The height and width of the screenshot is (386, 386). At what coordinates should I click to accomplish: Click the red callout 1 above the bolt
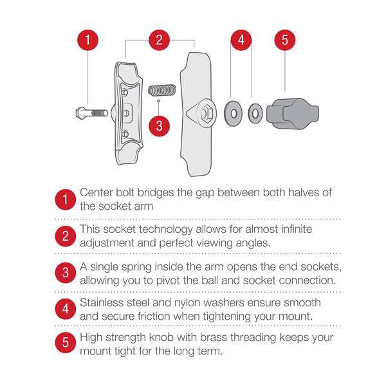point(88,40)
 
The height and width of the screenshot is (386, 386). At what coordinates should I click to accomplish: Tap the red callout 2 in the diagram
point(160,40)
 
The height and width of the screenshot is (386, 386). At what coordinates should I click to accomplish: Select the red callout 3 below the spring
point(160,126)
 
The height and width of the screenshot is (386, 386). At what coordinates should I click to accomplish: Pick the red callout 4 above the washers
point(241,40)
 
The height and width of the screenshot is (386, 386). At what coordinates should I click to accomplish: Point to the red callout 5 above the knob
point(285,40)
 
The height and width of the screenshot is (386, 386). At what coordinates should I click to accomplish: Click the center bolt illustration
point(92,113)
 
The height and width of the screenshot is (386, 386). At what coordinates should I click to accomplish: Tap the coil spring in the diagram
point(162,90)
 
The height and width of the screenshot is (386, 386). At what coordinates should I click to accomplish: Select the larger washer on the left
point(233,113)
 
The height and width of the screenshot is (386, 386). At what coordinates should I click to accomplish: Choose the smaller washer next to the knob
point(255,113)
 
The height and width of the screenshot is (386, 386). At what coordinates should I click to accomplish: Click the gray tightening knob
point(293,113)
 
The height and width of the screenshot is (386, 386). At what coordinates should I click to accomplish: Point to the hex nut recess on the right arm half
point(207,113)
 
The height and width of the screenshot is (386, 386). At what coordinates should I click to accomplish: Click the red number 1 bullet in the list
point(65,199)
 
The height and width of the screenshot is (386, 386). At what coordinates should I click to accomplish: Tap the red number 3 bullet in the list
point(65,273)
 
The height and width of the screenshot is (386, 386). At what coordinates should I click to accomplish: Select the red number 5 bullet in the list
point(65,342)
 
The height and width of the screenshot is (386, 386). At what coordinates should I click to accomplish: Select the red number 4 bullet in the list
point(65,309)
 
